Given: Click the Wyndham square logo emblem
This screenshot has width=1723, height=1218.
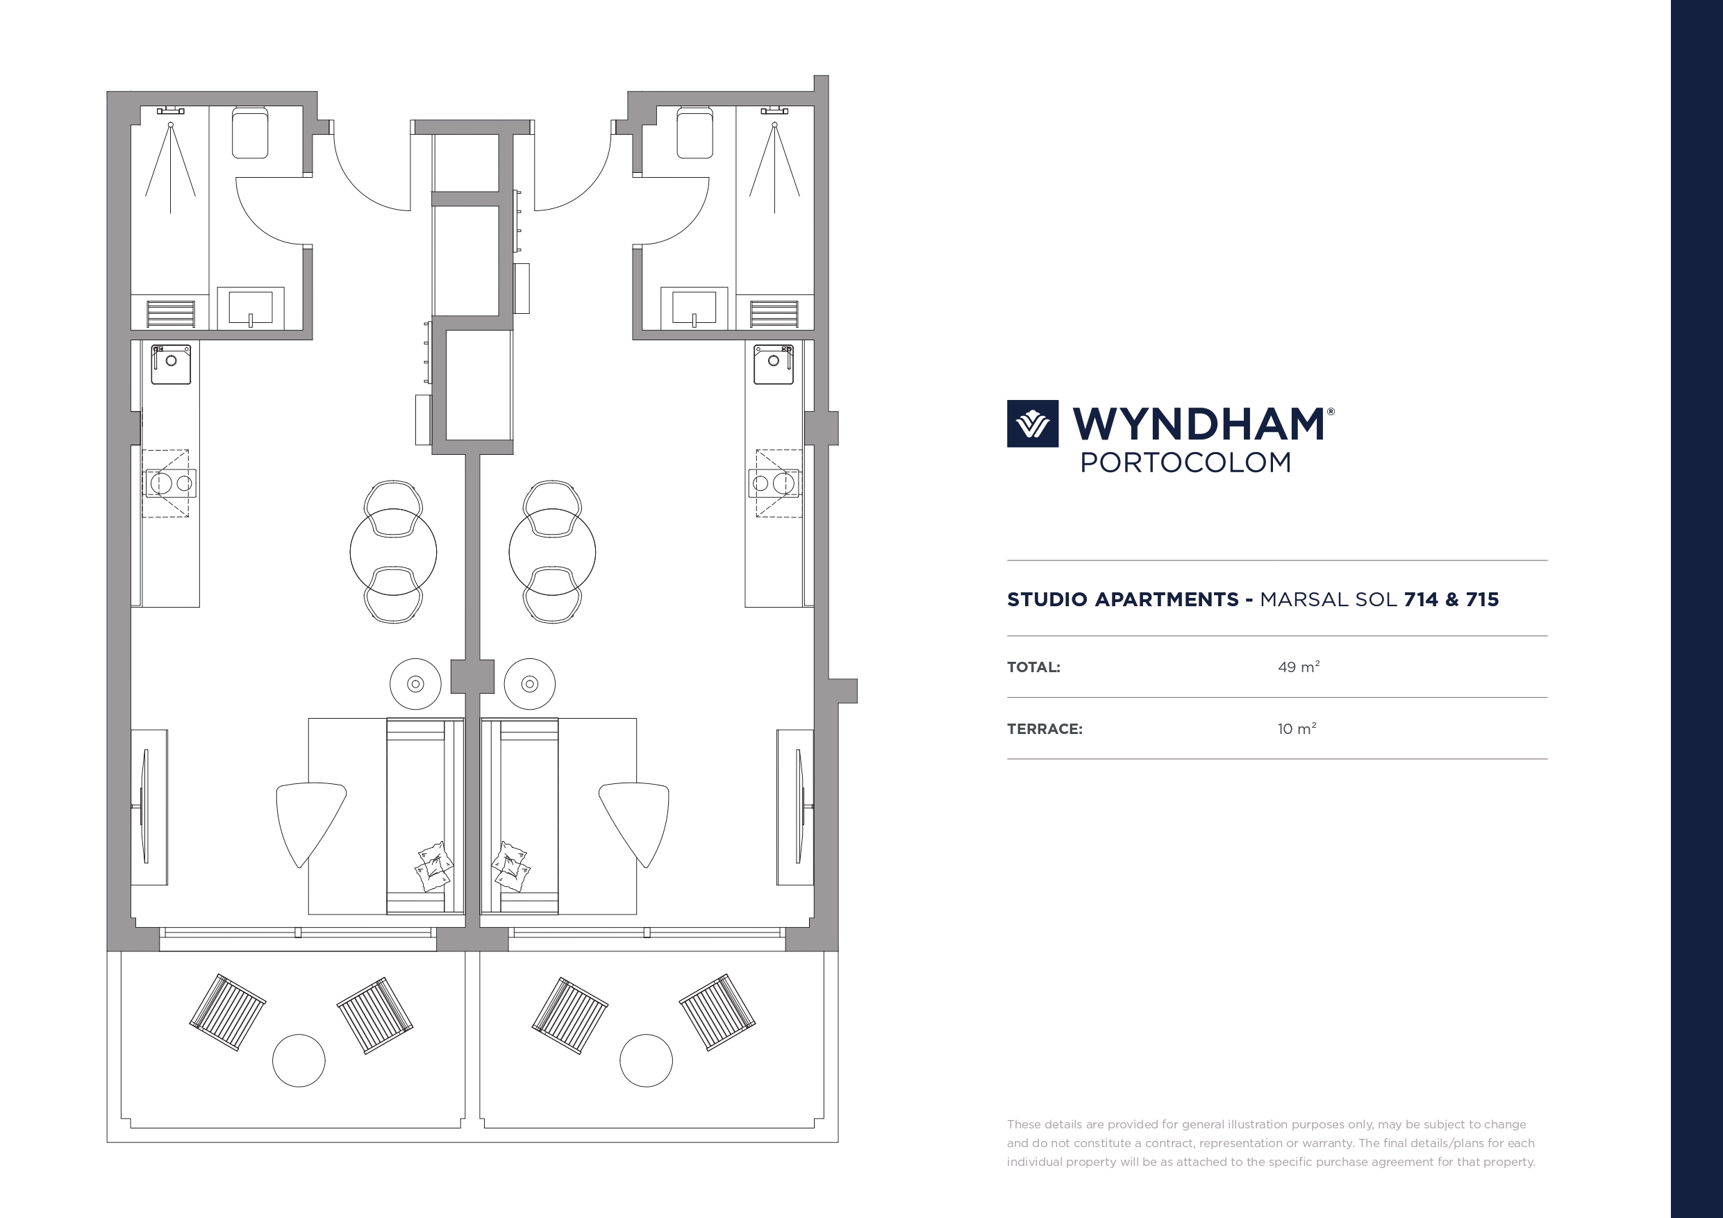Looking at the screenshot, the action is coord(1033,424).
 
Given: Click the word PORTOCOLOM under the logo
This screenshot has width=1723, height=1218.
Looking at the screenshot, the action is coord(1185,462).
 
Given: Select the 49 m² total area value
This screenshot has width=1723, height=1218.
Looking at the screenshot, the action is coord(1298,667).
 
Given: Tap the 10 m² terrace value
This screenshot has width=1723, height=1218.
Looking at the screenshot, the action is coord(1297,728).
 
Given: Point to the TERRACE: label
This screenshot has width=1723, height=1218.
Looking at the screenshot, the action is coord(1044,728).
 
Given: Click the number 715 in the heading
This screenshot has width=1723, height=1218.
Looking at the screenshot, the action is coord(1482,599).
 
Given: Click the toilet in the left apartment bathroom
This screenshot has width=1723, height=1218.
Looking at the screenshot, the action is coord(250,133).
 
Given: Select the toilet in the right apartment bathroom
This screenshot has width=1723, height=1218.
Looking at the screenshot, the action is coord(695,133).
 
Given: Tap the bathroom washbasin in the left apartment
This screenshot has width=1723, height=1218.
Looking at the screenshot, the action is coord(251,308).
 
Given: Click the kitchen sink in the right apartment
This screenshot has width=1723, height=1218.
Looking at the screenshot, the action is coord(774,365).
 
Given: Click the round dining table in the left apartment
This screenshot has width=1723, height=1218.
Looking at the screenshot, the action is coord(393,551).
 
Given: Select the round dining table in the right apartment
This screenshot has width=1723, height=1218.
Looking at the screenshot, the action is coord(552,551).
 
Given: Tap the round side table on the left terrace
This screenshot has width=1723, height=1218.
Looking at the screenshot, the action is coord(299,1060).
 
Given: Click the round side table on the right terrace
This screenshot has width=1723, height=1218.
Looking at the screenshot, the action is coord(646,1060).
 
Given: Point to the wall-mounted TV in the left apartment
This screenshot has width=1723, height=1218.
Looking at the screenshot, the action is coord(145,807).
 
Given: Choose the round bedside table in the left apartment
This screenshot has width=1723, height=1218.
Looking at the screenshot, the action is coord(416,684).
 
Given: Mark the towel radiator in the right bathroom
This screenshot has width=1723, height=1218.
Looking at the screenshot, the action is coord(774,315).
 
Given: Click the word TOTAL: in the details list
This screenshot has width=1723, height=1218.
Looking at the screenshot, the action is coord(1033,667).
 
